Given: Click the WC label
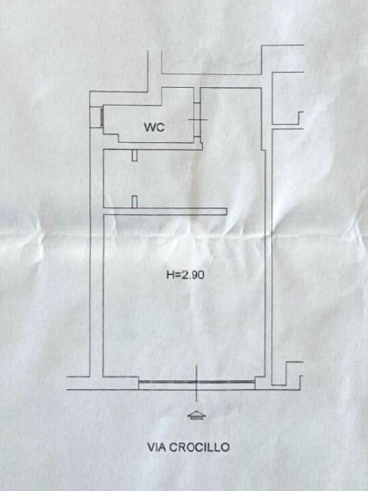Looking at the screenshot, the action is (154, 127).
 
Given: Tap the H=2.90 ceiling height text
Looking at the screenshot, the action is (185, 275).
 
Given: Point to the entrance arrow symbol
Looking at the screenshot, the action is (196, 415).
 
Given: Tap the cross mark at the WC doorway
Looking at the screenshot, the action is (197, 119).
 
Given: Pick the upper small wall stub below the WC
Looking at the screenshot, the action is (135, 155).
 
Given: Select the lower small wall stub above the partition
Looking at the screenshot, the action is (135, 202).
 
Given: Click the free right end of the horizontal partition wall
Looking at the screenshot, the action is (226, 211).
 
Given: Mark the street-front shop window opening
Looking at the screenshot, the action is (196, 382).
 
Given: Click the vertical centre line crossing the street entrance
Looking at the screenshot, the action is (196, 383).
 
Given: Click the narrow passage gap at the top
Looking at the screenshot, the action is (155, 70).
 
